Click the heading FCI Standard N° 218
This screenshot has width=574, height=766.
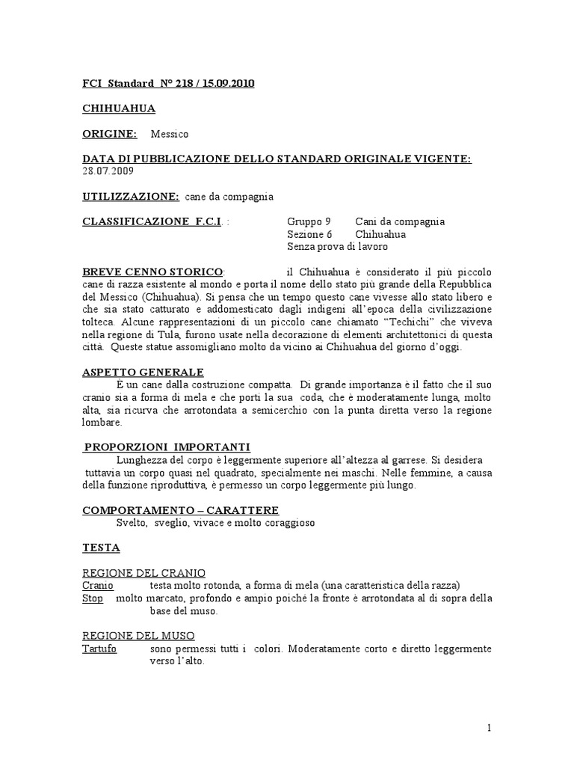[x=168, y=84]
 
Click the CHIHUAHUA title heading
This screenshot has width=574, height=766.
[x=119, y=108]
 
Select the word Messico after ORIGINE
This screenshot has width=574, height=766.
[x=170, y=134]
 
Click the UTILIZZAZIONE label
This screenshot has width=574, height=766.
[x=130, y=197]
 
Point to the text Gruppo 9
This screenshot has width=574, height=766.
[x=309, y=221]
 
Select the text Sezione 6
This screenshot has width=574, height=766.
[x=309, y=234]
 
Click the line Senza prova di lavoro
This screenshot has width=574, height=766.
[x=337, y=246]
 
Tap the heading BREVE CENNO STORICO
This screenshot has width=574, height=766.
[x=152, y=271]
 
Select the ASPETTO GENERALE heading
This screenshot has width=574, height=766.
[x=143, y=372]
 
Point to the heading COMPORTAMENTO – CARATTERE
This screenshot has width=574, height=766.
[x=180, y=510]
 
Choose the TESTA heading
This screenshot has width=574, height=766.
[x=101, y=548]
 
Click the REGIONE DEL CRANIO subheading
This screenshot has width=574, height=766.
[x=143, y=573]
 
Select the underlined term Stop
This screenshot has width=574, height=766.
[x=93, y=598]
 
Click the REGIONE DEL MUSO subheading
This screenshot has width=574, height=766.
[x=138, y=636]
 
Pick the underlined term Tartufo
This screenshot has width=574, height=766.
[x=99, y=649]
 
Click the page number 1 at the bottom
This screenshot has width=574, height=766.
[x=487, y=728]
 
